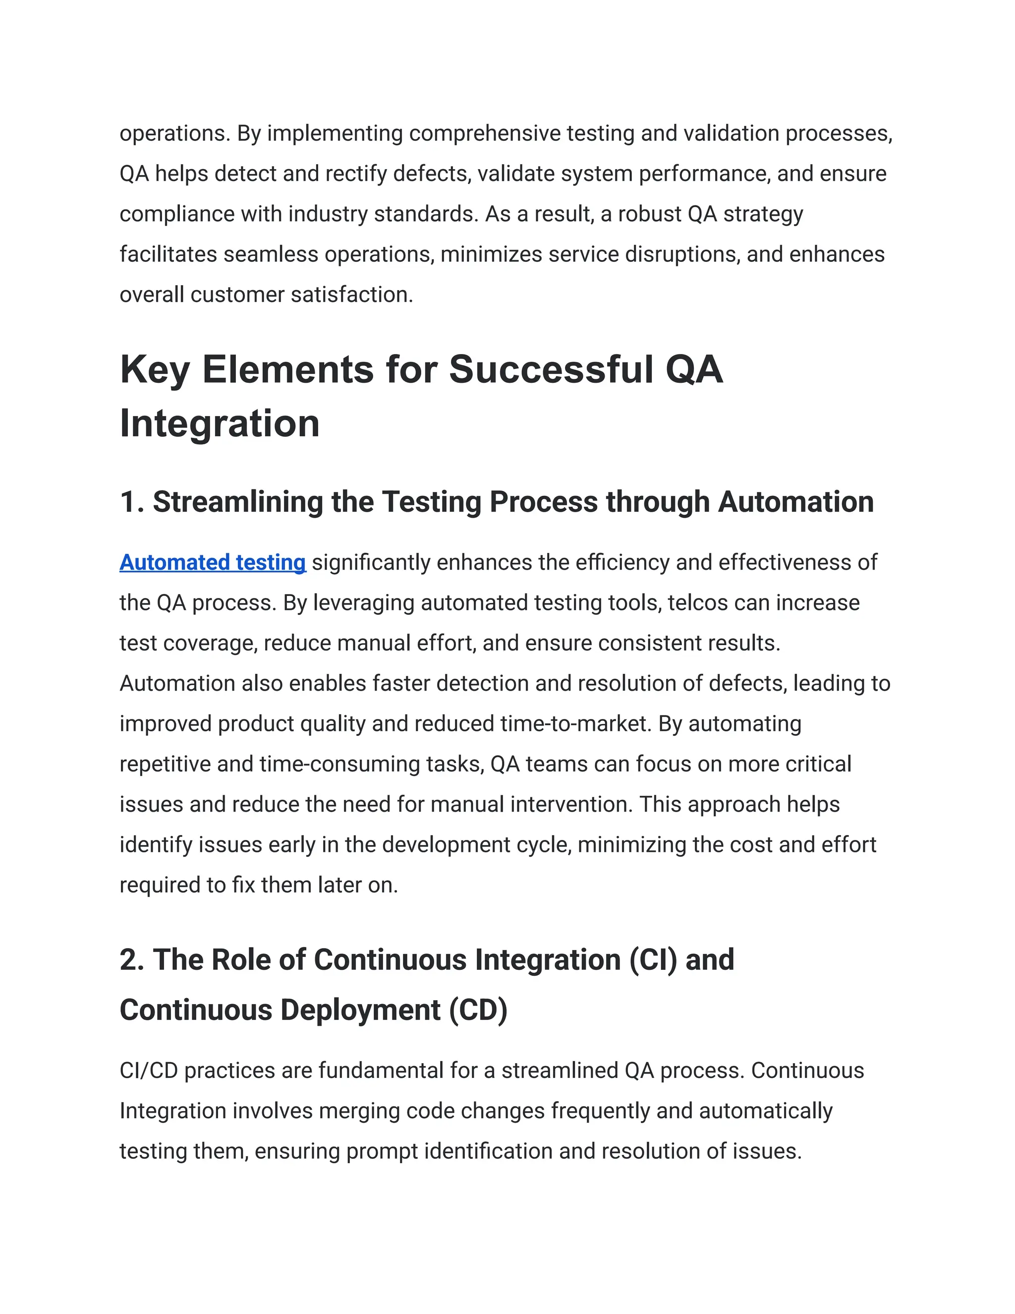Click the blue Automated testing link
point(212,563)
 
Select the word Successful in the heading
point(552,369)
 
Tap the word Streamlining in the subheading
point(237,502)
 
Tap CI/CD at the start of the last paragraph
point(149,1071)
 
